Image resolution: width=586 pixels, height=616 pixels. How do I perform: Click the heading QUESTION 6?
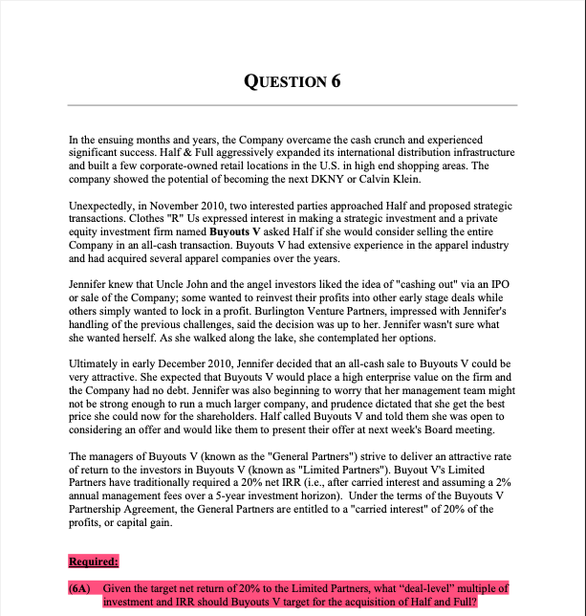click(293, 80)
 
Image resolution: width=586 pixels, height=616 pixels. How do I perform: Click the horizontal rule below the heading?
click(293, 104)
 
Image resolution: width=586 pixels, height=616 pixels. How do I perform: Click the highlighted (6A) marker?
click(81, 588)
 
